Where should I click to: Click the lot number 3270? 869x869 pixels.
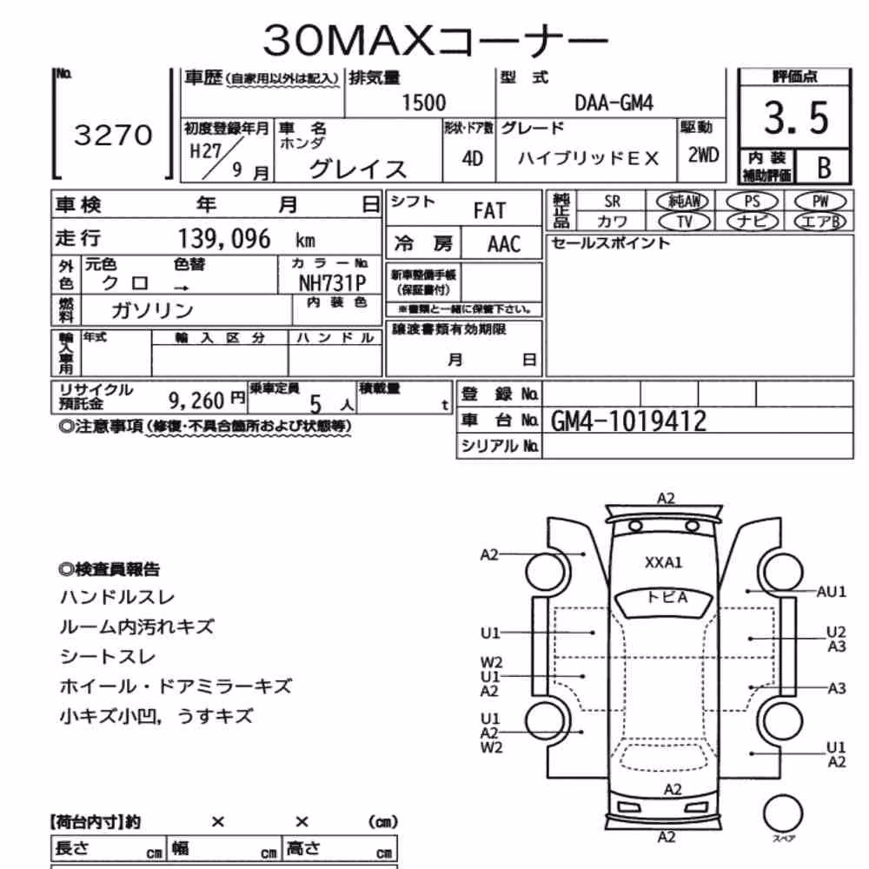pyautogui.click(x=113, y=135)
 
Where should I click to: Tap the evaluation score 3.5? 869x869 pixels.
pyautogui.click(x=796, y=118)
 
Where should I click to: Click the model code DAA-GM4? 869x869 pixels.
pyautogui.click(x=614, y=103)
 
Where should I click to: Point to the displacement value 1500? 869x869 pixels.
pyautogui.click(x=423, y=103)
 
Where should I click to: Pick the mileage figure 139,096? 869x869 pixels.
pyautogui.click(x=224, y=239)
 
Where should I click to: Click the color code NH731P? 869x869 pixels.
pyautogui.click(x=333, y=283)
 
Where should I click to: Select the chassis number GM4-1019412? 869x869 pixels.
pyautogui.click(x=628, y=421)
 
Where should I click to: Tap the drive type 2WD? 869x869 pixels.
pyautogui.click(x=703, y=156)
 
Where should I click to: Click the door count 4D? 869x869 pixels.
pyautogui.click(x=472, y=159)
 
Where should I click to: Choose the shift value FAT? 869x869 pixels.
pyautogui.click(x=489, y=210)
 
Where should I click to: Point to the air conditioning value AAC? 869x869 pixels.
pyautogui.click(x=504, y=244)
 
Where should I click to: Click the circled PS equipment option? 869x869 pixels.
pyautogui.click(x=752, y=202)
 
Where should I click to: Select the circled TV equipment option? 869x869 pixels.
pyautogui.click(x=684, y=222)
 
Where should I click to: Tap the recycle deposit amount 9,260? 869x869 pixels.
pyautogui.click(x=196, y=400)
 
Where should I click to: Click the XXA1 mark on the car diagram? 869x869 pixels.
pyautogui.click(x=663, y=563)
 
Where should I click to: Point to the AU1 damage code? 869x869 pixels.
pyautogui.click(x=832, y=592)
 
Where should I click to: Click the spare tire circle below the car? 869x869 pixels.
pyautogui.click(x=783, y=813)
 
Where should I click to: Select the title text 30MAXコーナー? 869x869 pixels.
pyautogui.click(x=435, y=41)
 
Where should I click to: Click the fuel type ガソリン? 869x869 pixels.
pyautogui.click(x=152, y=310)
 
